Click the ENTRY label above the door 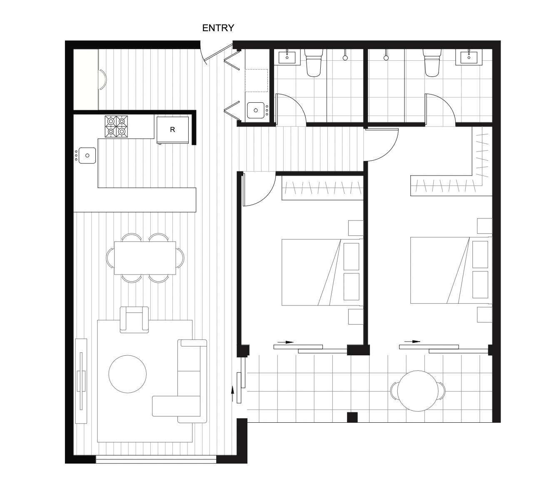tap(218, 28)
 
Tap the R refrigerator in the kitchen tap(172, 130)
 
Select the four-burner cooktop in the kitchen tap(116, 126)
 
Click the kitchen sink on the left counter tap(87, 155)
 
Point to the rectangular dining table tap(145, 258)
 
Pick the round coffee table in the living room tap(127, 374)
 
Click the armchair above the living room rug tap(134, 320)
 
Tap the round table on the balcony tap(417, 391)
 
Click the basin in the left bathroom tap(287, 57)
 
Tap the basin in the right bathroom tap(469, 57)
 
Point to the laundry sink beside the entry tap(255, 110)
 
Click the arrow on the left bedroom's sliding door tap(286, 342)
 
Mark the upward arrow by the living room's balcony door tap(232, 394)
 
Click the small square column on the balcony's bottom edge tap(352, 417)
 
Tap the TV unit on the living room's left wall tap(81, 381)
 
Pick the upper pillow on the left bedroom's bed tap(352, 256)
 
